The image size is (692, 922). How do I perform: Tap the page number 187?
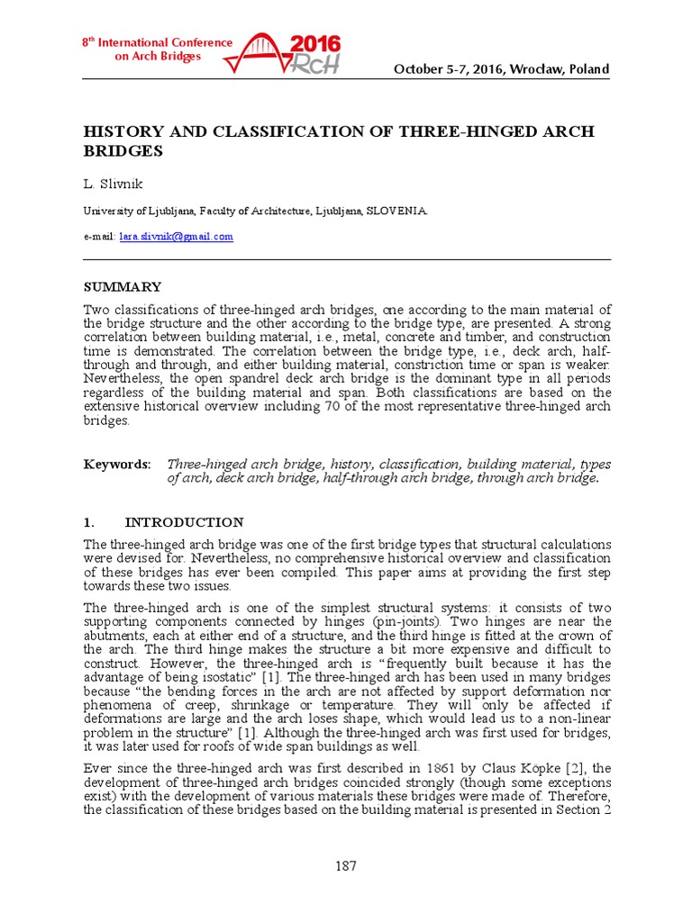coord(346,866)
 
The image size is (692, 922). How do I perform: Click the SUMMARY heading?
coord(123,287)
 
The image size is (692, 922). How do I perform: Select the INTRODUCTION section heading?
coord(184,522)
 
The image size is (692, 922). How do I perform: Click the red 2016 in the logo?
coord(317,45)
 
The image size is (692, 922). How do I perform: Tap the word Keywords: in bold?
coord(117,464)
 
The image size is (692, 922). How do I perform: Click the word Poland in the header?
coord(590,70)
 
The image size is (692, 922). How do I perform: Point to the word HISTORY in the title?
coord(121,132)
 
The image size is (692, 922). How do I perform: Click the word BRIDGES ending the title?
coord(123,151)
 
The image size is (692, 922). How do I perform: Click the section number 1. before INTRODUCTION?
coord(89,522)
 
